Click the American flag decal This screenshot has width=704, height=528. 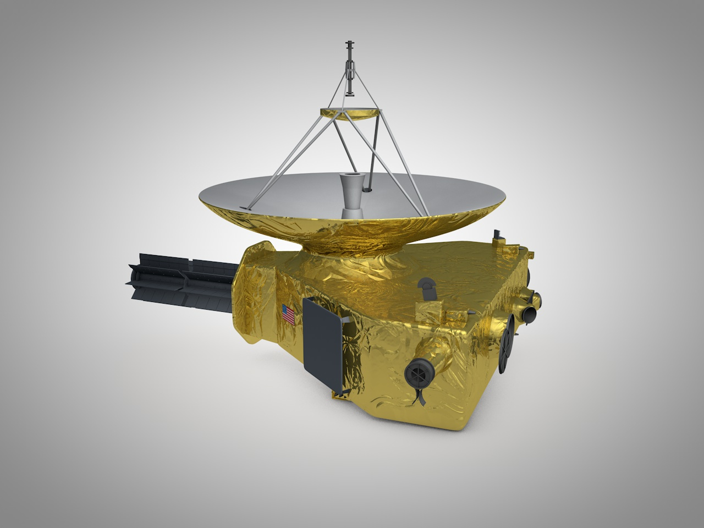pos(288,314)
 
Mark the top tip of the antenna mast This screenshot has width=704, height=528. pos(348,42)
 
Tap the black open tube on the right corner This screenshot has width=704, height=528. pos(530,313)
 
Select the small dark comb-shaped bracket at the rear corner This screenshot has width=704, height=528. pos(499,236)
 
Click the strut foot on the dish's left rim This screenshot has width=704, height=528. pos(244,206)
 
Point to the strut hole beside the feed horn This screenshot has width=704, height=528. pos(367,190)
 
